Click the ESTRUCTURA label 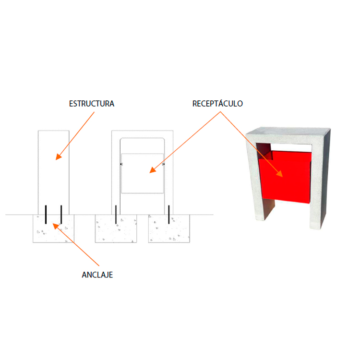point(92,104)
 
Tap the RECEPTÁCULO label point(217,104)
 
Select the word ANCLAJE point(97,275)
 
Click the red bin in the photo point(285,177)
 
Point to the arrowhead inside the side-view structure point(59,157)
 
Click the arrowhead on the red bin point(280,174)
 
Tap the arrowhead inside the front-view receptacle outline point(153,170)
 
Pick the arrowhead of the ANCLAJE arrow point(56,226)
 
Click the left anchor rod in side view point(46,215)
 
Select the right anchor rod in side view point(61,215)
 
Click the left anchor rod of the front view point(116,215)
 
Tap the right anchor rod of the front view point(169,215)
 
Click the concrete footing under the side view point(53,228)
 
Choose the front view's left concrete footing point(116,228)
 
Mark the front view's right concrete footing point(169,228)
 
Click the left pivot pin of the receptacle point(121,164)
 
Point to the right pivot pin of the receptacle point(164,164)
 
